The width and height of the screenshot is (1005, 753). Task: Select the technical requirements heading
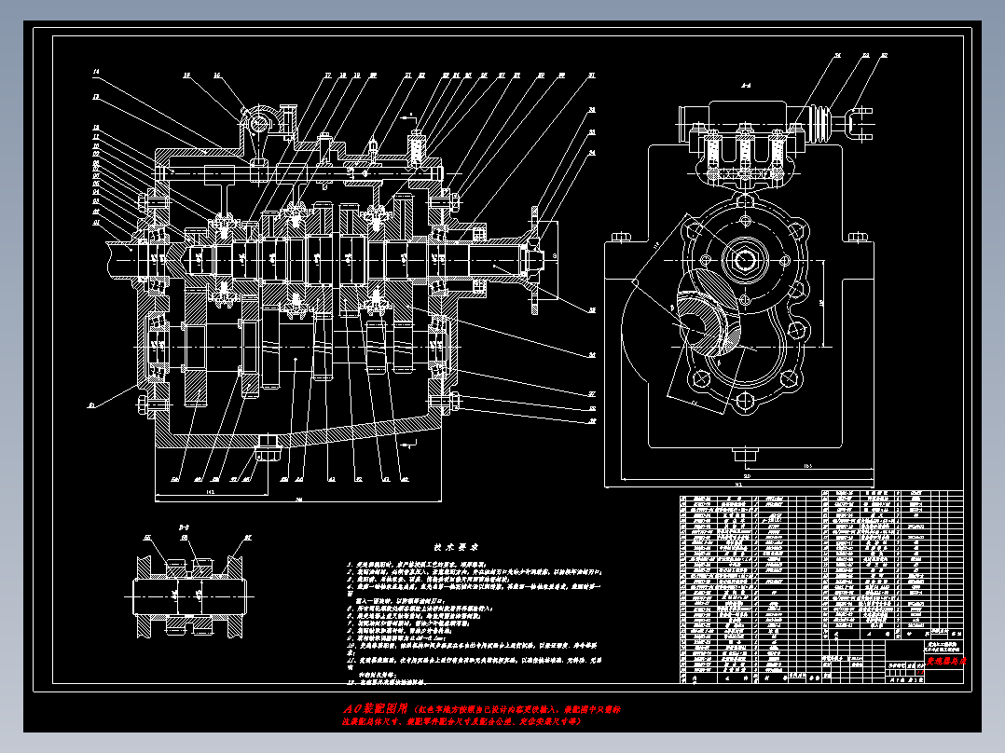[x=456, y=549]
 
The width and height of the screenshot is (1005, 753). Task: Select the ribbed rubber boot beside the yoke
[x=824, y=124]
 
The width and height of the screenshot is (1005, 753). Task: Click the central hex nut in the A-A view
[x=746, y=260]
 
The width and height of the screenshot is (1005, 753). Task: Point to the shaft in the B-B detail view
[x=186, y=594]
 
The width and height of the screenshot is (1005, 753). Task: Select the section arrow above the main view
[x=406, y=119]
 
